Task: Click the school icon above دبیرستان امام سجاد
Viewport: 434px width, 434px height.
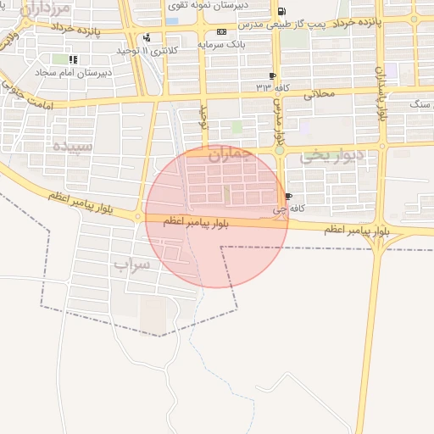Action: click(x=74, y=60)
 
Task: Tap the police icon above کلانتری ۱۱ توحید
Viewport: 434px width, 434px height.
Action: click(x=147, y=37)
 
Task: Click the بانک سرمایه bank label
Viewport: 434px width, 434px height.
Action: click(x=222, y=43)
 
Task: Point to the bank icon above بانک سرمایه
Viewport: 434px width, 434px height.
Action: click(x=222, y=31)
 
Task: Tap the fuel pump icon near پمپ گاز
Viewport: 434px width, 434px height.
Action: click(x=281, y=11)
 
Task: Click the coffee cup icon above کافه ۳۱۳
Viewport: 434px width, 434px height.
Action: click(x=271, y=76)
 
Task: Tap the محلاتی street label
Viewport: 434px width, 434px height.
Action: click(x=320, y=94)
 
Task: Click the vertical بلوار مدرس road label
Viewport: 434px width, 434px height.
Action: click(x=277, y=124)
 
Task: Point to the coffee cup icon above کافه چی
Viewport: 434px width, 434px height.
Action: click(x=289, y=197)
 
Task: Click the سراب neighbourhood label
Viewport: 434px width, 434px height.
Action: click(x=132, y=264)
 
